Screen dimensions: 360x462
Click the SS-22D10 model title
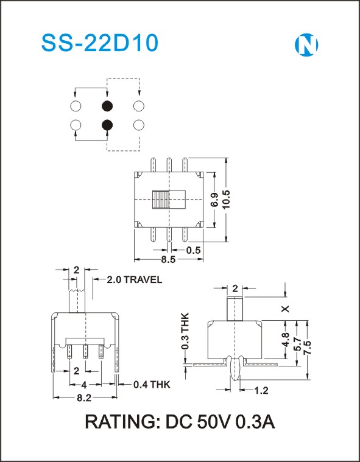[x=100, y=43]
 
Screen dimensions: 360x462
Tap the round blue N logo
[x=306, y=45]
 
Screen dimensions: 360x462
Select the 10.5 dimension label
[x=227, y=200]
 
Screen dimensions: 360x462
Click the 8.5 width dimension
[x=168, y=259]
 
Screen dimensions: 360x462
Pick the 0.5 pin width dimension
[x=194, y=250]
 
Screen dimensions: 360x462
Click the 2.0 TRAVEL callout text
[x=135, y=279]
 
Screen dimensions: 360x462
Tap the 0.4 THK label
[x=152, y=384]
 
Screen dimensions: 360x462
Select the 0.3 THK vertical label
[x=185, y=331]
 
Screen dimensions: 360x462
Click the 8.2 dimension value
[x=84, y=398]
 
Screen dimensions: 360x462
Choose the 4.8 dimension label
[x=286, y=340]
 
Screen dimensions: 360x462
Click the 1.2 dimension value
[x=261, y=391]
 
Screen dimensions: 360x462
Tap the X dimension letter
[x=286, y=309]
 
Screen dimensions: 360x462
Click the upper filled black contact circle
[x=107, y=105]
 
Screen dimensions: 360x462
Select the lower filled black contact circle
[x=107, y=125]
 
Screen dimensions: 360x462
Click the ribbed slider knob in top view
[x=161, y=200]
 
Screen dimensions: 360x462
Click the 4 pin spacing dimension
[x=84, y=385]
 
